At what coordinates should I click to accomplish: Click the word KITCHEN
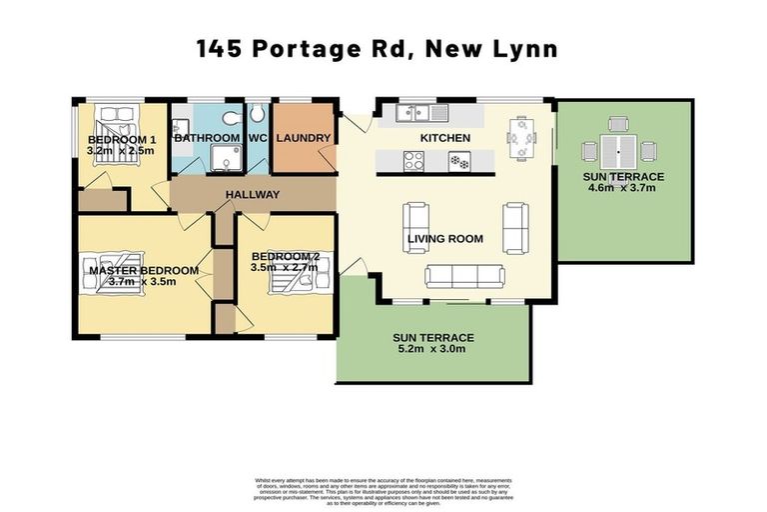(437, 137)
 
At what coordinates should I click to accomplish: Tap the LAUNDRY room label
(297, 138)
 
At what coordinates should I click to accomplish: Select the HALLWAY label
(252, 194)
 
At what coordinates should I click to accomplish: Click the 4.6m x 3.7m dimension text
(623, 188)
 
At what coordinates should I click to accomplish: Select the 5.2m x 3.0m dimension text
(432, 349)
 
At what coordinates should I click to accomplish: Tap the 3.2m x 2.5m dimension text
(122, 150)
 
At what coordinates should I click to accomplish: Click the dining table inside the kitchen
(518, 137)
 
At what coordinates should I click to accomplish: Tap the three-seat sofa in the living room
(464, 276)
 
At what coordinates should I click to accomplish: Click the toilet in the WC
(256, 113)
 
